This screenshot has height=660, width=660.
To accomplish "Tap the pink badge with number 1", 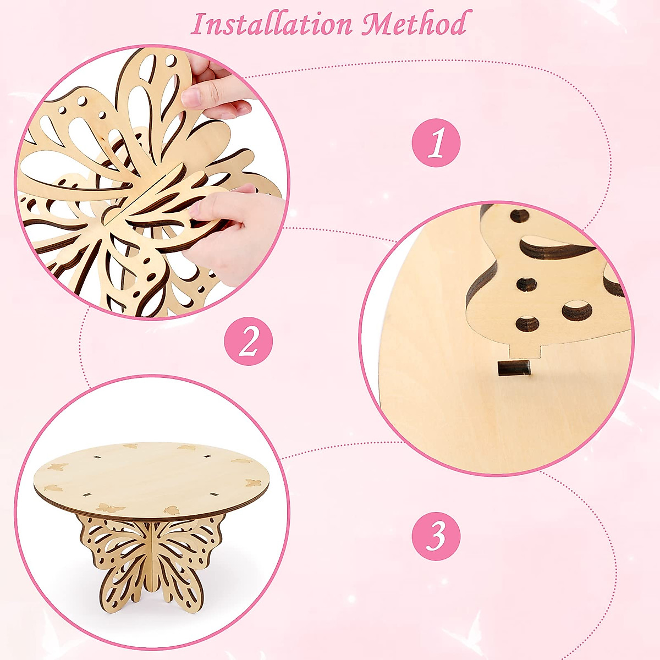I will pos(436,143).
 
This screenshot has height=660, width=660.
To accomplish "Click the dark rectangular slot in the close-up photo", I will pos(515,368).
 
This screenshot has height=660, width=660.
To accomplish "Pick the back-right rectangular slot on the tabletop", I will pos(207,457).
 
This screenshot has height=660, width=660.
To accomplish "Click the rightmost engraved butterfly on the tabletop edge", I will pos(252,483).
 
